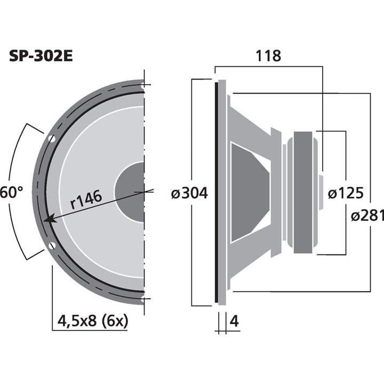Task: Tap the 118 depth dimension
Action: (x=268, y=55)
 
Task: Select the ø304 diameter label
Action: (x=189, y=193)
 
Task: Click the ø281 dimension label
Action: (x=367, y=215)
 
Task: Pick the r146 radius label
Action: (x=86, y=201)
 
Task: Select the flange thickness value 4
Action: (x=233, y=321)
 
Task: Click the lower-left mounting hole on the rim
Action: (x=52, y=246)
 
